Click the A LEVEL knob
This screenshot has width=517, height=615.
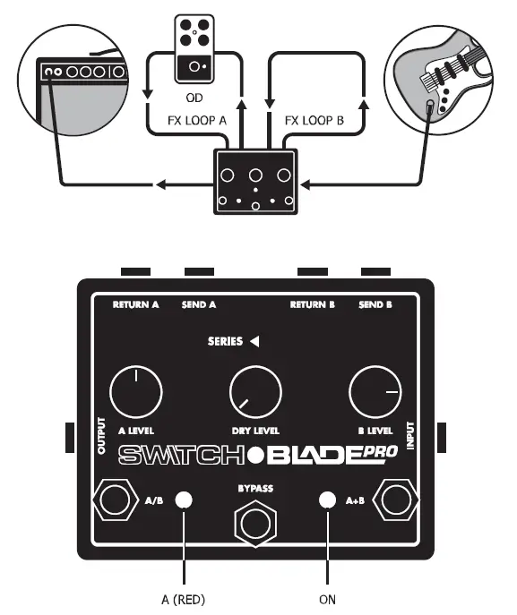click(x=135, y=393)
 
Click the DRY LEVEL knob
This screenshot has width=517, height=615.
click(x=255, y=393)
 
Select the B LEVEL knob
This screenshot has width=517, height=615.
click(x=375, y=393)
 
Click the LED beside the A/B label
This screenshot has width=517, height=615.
click(x=185, y=500)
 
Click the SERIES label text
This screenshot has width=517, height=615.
click(x=225, y=341)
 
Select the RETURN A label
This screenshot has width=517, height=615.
click(x=135, y=304)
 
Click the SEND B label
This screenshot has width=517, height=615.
click(x=375, y=304)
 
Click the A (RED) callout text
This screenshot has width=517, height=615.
click(x=185, y=599)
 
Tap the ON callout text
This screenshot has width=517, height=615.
click(x=328, y=599)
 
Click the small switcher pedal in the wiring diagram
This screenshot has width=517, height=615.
click(x=256, y=183)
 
